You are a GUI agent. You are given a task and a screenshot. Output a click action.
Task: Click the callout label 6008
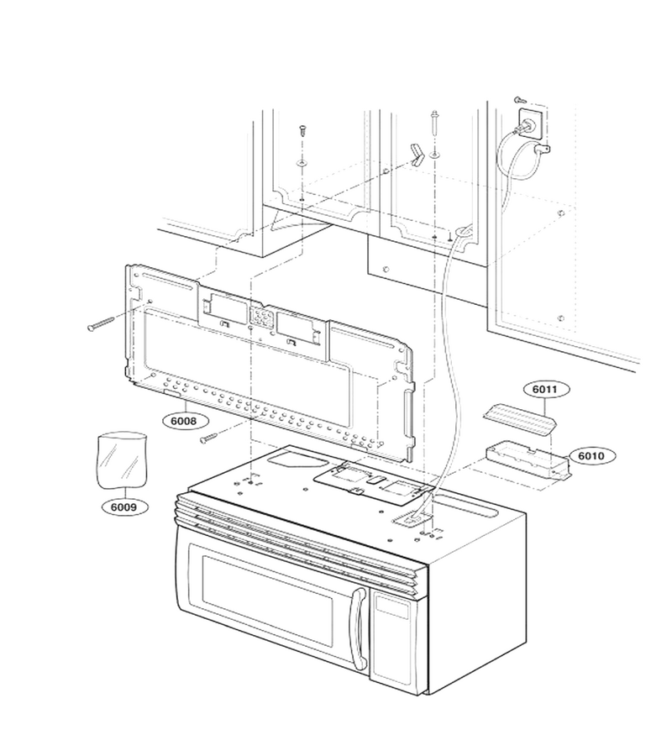(184, 421)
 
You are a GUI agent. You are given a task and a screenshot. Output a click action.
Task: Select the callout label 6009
(123, 507)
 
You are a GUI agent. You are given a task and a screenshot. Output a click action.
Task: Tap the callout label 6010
(591, 455)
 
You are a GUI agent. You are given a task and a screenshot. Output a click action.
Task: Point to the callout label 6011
(544, 389)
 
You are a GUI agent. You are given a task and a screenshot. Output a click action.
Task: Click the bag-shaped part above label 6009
(122, 460)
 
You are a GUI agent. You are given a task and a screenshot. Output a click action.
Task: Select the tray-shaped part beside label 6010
(528, 462)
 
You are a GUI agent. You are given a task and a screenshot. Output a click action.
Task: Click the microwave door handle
(358, 628)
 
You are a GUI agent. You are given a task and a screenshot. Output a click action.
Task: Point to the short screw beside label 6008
(208, 437)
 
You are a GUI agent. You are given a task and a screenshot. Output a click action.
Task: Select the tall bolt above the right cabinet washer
(435, 123)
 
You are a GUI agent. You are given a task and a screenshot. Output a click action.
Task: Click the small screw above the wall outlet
(520, 99)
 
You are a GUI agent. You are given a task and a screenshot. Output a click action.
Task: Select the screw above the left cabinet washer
(302, 130)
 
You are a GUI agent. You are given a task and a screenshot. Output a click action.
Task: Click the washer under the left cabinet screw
(302, 161)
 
